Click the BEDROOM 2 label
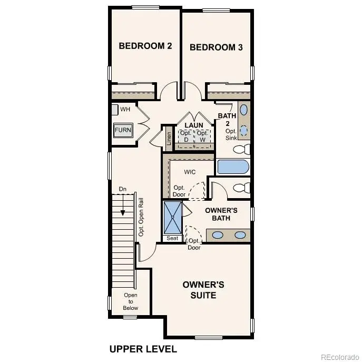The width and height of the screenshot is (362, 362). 145,46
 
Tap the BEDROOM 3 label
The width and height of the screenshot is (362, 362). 216,47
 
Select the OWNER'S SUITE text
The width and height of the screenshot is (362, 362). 203,290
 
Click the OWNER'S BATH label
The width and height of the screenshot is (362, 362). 221,214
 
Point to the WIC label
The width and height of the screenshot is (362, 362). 190,172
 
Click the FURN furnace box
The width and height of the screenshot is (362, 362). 123,130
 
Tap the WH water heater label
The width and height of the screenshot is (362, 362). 125,109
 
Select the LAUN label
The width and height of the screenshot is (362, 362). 194,125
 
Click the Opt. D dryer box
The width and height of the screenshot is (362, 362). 185,136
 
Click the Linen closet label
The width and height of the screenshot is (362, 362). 169,138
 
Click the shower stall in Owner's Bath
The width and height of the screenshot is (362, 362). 172,218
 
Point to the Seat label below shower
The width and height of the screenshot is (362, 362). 172,238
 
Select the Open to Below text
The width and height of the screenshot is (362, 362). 130,301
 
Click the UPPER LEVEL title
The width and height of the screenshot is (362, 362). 143,349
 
